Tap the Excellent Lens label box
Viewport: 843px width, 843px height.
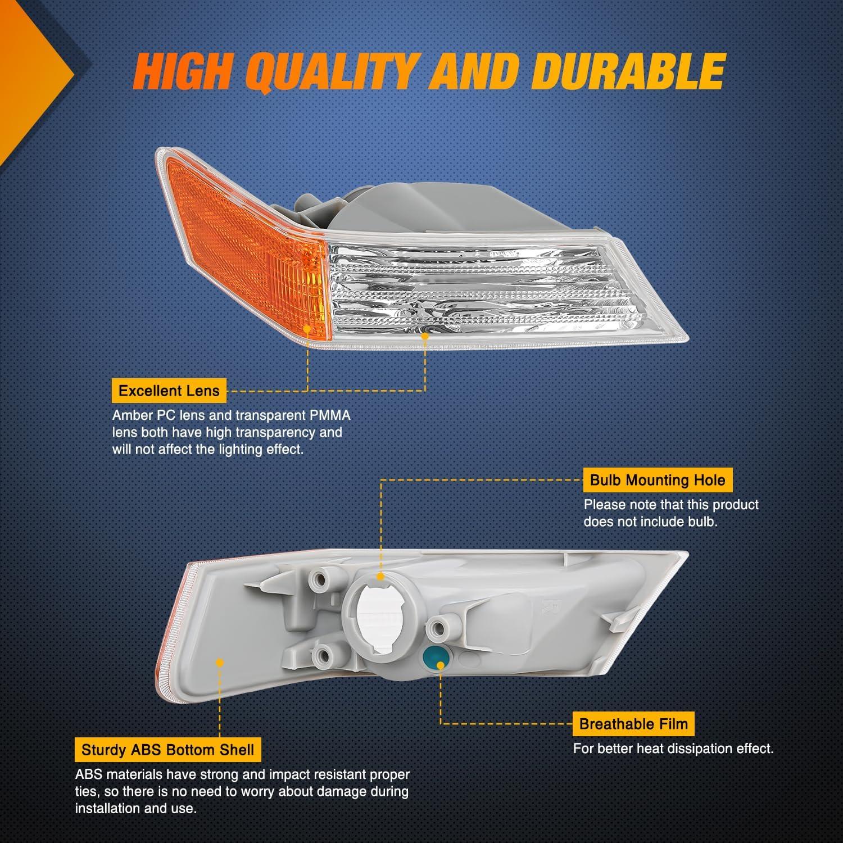coord(169,391)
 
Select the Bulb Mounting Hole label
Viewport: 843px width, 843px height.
coord(658,481)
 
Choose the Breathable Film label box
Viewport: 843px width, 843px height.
coord(633,724)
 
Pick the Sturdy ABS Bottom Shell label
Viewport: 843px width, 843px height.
coord(167,750)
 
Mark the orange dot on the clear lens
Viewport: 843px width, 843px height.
coord(425,336)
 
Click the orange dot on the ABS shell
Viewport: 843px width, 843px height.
coord(220,663)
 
